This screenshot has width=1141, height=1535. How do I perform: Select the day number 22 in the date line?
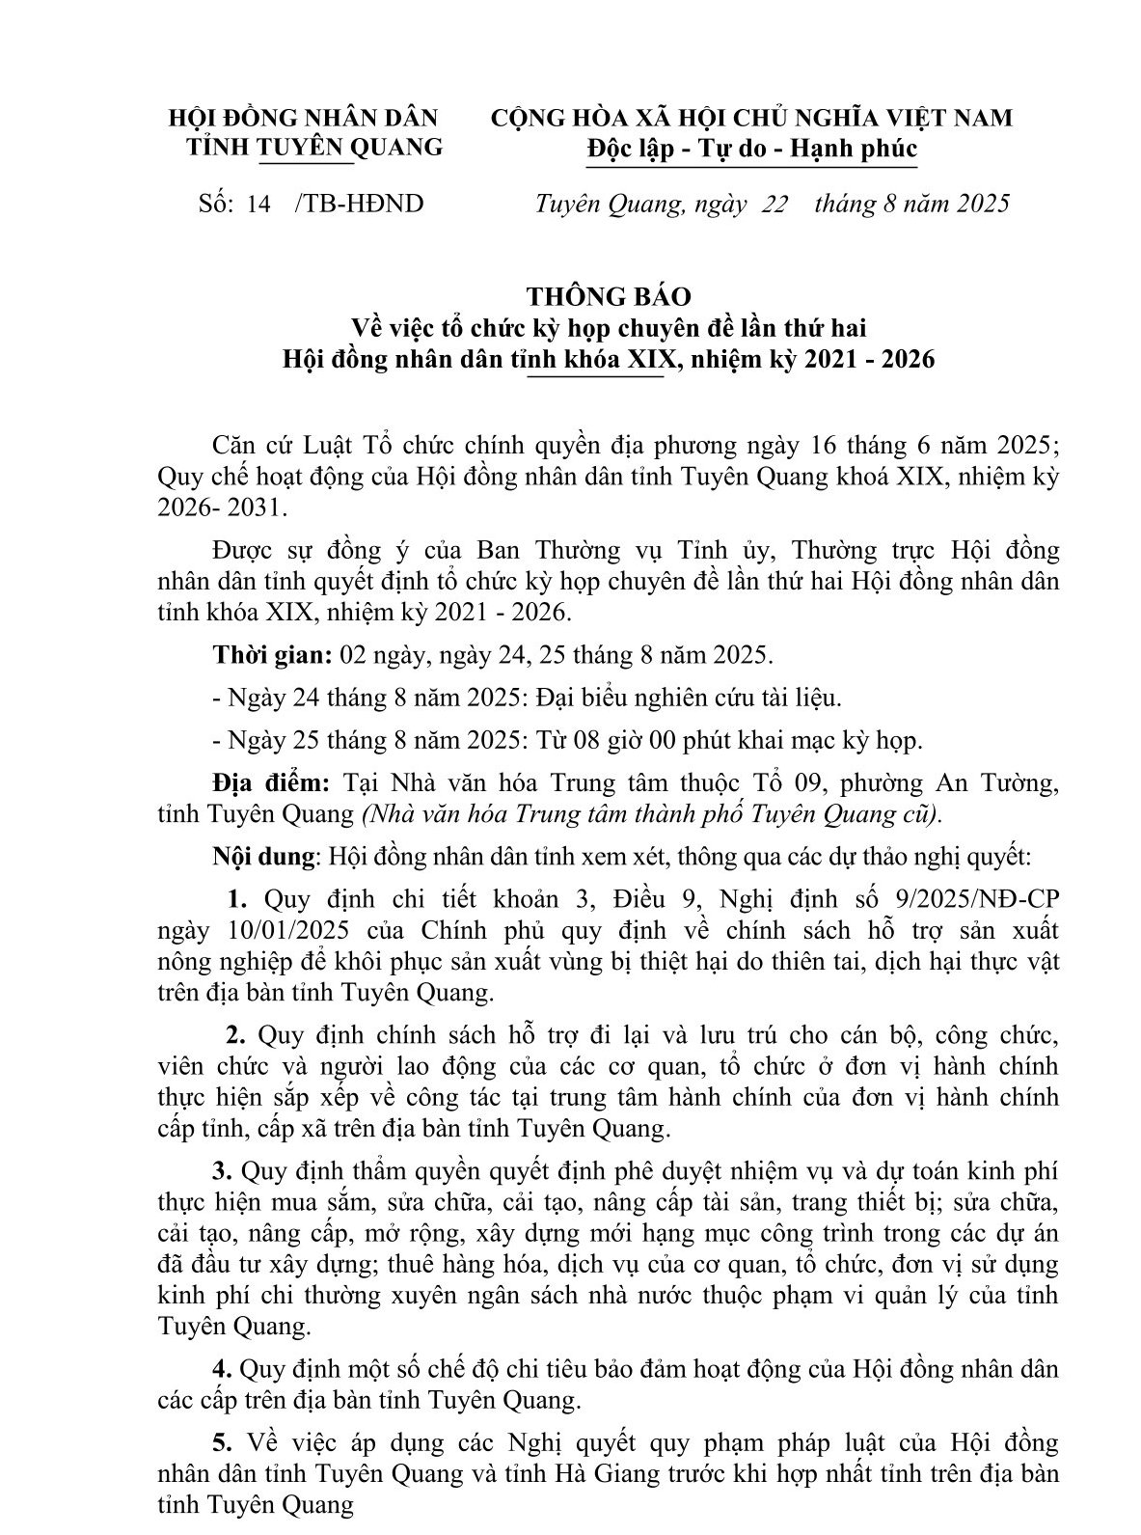click(774, 204)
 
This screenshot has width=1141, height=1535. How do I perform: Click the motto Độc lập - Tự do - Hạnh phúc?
click(751, 149)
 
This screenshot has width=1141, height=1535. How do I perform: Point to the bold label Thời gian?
click(272, 655)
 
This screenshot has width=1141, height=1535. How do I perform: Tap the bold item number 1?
click(238, 899)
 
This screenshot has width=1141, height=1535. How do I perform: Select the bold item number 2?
click(236, 1035)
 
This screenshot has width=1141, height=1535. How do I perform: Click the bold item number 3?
click(223, 1171)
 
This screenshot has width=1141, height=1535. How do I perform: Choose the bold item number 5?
click(223, 1443)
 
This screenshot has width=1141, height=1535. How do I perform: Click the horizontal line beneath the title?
click(596, 378)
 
